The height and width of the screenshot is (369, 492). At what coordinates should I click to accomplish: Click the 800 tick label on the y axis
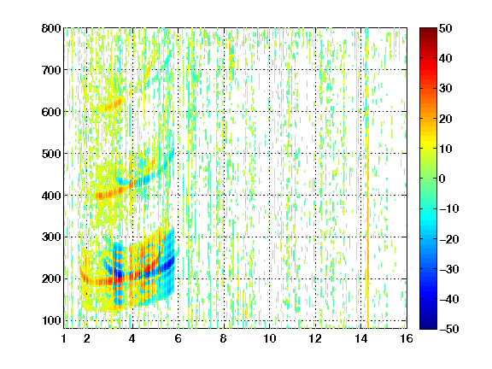[x=51, y=28]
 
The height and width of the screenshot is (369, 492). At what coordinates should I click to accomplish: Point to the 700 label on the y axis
[x=51, y=70]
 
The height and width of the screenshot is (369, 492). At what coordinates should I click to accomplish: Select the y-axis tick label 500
[x=51, y=154]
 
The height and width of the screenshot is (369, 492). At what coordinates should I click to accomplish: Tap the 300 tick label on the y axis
[x=51, y=237]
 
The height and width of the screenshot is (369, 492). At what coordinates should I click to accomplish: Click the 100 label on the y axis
[x=51, y=320]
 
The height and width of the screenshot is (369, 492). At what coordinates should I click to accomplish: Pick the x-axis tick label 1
[x=64, y=338]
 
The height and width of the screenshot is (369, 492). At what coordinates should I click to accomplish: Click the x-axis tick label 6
[x=178, y=338]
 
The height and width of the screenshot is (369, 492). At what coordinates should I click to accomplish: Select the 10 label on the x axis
[x=270, y=338]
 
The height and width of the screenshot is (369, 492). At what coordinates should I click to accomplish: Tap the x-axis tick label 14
[x=361, y=338]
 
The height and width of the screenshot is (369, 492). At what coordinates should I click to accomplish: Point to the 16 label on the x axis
[x=407, y=338]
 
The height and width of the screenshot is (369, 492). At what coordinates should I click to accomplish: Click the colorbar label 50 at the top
[x=445, y=28]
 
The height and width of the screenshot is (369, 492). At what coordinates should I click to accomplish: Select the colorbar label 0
[x=442, y=179]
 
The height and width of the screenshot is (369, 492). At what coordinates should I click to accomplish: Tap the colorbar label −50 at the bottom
[x=449, y=329]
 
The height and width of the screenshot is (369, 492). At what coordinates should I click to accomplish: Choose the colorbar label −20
[x=449, y=239]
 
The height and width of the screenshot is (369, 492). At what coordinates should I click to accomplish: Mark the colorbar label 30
[x=445, y=89]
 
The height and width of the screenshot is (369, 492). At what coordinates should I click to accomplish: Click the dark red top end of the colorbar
[x=428, y=31]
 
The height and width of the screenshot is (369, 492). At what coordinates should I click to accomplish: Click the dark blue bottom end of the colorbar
[x=428, y=326]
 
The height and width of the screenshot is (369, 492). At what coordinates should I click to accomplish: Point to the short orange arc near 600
[x=110, y=106]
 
